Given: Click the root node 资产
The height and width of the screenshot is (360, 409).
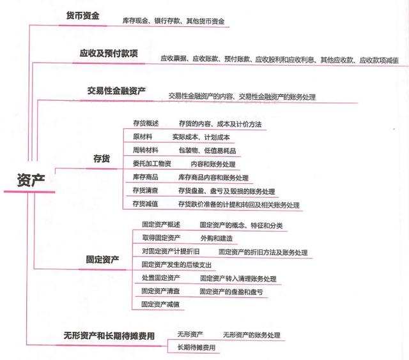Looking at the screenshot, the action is [x=31, y=180].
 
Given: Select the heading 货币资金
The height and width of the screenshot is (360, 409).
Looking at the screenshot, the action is [x=82, y=15].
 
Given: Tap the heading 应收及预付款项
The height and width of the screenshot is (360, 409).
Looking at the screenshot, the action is [x=109, y=53].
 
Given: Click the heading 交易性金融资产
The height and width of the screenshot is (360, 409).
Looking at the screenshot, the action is [x=116, y=91].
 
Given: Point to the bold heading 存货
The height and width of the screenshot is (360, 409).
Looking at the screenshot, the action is [x=102, y=158].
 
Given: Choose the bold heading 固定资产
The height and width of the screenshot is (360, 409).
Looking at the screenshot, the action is [x=102, y=259].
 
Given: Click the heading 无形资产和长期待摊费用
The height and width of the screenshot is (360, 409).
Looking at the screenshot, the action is [x=109, y=336].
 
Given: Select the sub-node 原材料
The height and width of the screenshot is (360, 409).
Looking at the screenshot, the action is [x=143, y=137].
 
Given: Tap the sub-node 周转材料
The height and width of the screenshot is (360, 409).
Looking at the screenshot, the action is [x=146, y=150].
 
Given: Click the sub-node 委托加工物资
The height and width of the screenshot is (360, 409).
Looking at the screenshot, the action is [x=152, y=163].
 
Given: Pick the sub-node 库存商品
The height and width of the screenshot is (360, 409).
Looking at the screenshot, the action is [x=145, y=177].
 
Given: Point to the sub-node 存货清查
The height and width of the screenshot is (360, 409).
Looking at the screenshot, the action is [x=145, y=190].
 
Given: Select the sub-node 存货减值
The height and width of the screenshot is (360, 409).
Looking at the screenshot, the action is [x=145, y=204].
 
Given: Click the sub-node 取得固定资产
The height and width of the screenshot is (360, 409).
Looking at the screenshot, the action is [x=161, y=237].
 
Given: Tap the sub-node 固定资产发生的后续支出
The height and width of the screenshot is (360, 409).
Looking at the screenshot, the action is [x=176, y=265].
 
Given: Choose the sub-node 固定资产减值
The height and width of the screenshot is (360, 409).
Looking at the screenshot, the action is [x=160, y=304].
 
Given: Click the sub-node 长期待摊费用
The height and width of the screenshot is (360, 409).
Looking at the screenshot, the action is [x=196, y=347].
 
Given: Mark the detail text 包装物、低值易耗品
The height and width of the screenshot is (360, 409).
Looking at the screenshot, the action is [x=207, y=151].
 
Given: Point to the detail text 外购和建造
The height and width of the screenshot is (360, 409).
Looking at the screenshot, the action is [x=217, y=238].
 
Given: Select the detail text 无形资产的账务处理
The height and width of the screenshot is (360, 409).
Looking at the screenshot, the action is [x=252, y=335].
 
